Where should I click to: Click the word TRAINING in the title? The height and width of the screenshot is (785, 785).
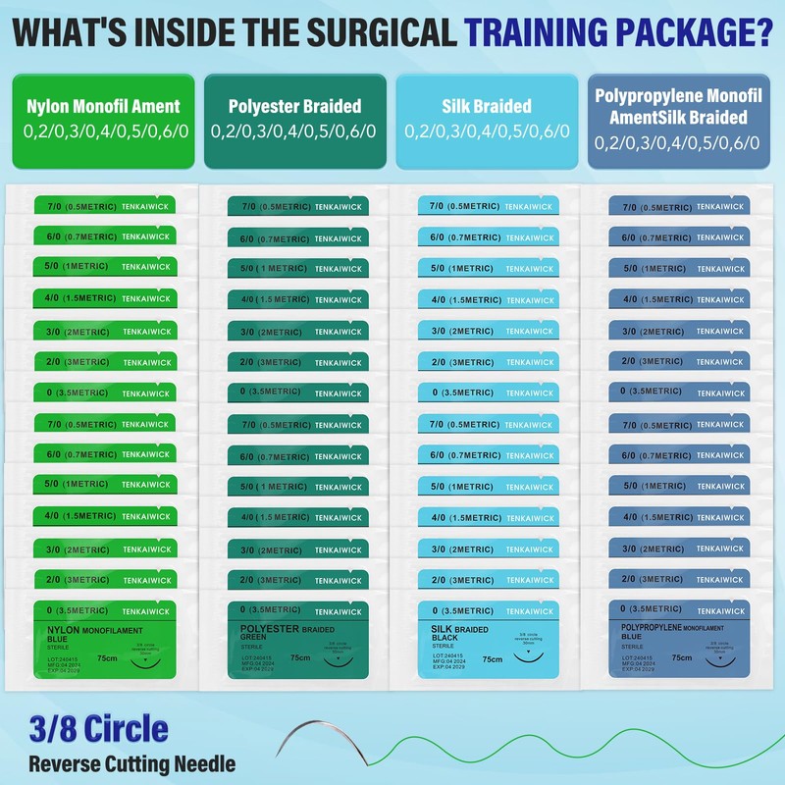539,32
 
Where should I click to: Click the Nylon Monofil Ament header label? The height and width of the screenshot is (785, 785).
104,106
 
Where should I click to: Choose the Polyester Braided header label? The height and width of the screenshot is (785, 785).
294,106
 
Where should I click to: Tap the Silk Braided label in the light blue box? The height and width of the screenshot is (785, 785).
488,106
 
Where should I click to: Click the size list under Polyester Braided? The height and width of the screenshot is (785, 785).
294,131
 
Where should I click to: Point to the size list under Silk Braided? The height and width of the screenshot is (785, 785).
488,131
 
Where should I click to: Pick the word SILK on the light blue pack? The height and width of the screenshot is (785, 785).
444,627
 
